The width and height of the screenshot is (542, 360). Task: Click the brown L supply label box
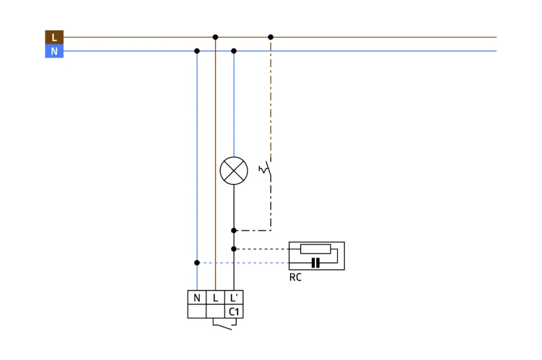tap(54, 37)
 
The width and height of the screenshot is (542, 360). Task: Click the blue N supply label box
tap(54, 51)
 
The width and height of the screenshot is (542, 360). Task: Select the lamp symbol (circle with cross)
tap(234, 171)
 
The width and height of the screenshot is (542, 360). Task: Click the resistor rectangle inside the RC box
tap(315, 249)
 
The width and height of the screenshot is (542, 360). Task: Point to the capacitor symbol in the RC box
tap(315, 263)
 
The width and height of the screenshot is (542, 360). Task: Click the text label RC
tap(295, 277)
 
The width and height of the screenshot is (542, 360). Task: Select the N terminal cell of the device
tap(197, 298)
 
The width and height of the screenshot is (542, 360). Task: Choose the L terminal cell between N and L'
tap(215, 298)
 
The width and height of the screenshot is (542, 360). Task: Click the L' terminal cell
tap(234, 298)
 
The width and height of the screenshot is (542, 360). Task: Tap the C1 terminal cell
tap(234, 311)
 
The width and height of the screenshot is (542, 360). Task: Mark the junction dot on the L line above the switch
tap(271, 37)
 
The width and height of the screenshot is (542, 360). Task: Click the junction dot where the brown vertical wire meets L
tap(215, 37)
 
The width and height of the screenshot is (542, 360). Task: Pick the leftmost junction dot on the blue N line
tap(197, 51)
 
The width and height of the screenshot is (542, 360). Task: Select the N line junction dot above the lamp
tap(234, 51)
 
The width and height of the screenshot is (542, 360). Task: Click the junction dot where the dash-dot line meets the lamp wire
tap(234, 230)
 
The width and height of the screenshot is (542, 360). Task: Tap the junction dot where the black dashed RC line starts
tap(234, 249)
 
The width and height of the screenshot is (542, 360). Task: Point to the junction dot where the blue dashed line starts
tap(197, 263)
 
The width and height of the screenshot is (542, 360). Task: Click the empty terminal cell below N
tap(197, 311)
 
